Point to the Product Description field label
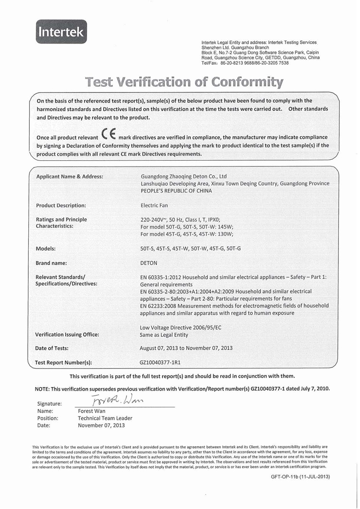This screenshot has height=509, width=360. point(61,205)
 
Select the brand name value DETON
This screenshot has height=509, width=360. point(148,263)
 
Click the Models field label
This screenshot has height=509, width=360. point(46,249)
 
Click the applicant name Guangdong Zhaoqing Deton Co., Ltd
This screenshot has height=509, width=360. point(183,177)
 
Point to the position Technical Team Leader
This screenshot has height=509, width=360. point(105,418)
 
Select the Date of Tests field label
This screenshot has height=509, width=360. point(52,348)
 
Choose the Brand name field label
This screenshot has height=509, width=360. point(51,263)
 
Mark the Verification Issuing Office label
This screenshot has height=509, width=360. point(67,334)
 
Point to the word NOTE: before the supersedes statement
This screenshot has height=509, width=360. point(43,389)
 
